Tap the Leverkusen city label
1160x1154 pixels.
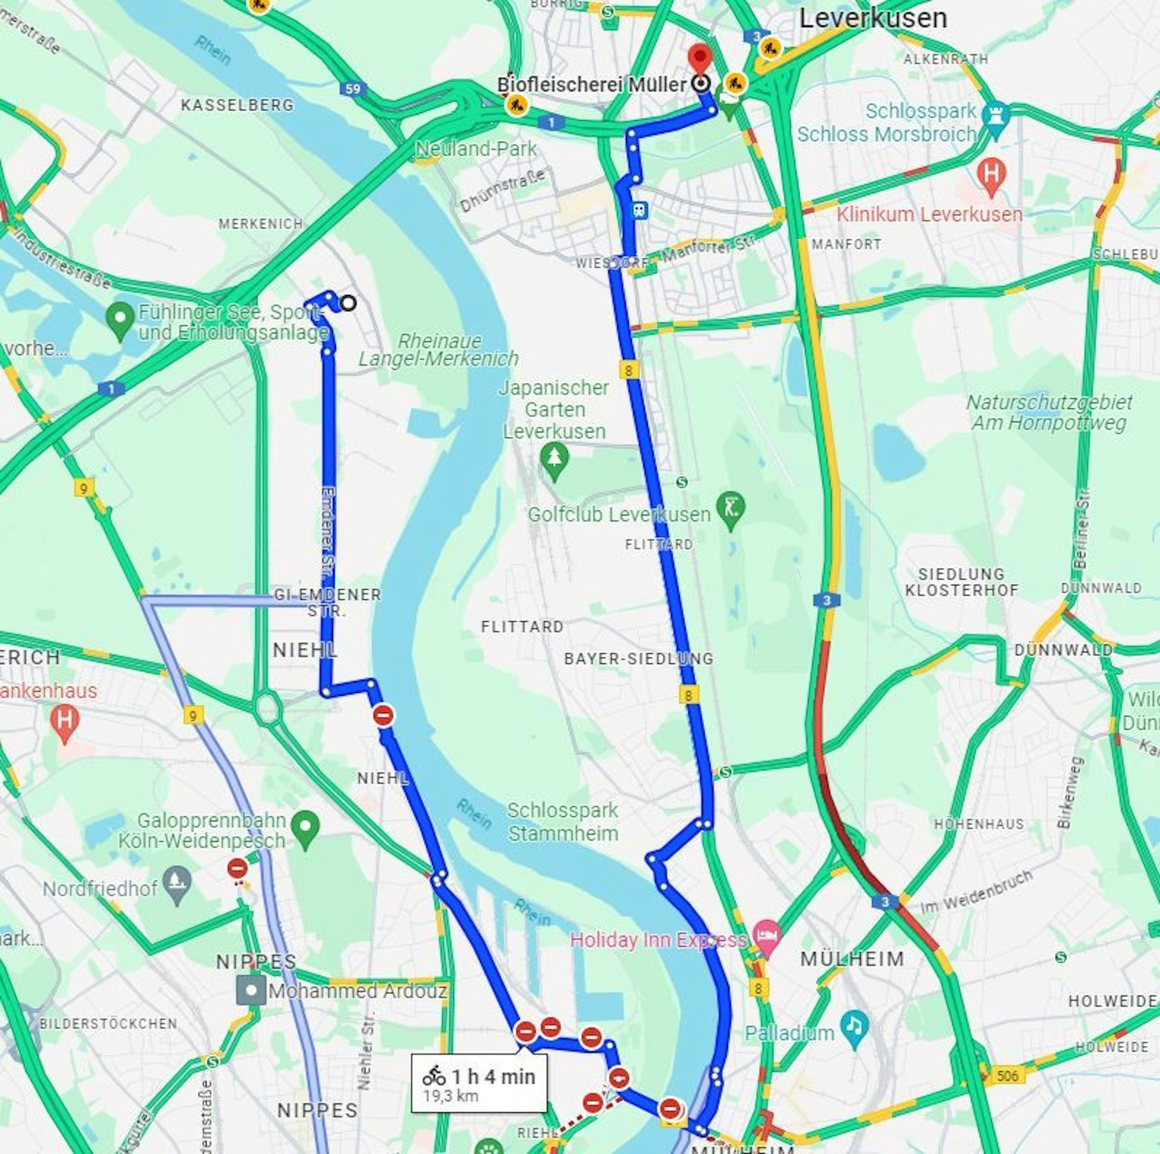pyautogui.click(x=872, y=19)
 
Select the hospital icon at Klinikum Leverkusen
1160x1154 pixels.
pyautogui.click(x=991, y=175)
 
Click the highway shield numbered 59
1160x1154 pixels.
pyautogui.click(x=353, y=89)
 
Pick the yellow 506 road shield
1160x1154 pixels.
pyautogui.click(x=1007, y=1075)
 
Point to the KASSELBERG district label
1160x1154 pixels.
pyautogui.click(x=237, y=105)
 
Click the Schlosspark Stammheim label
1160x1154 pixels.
pyautogui.click(x=563, y=821)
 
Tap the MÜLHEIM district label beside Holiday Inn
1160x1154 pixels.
pyautogui.click(x=852, y=959)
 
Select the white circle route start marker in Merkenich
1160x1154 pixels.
pyautogui.click(x=347, y=303)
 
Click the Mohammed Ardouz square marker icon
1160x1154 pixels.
pyautogui.click(x=251, y=990)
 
